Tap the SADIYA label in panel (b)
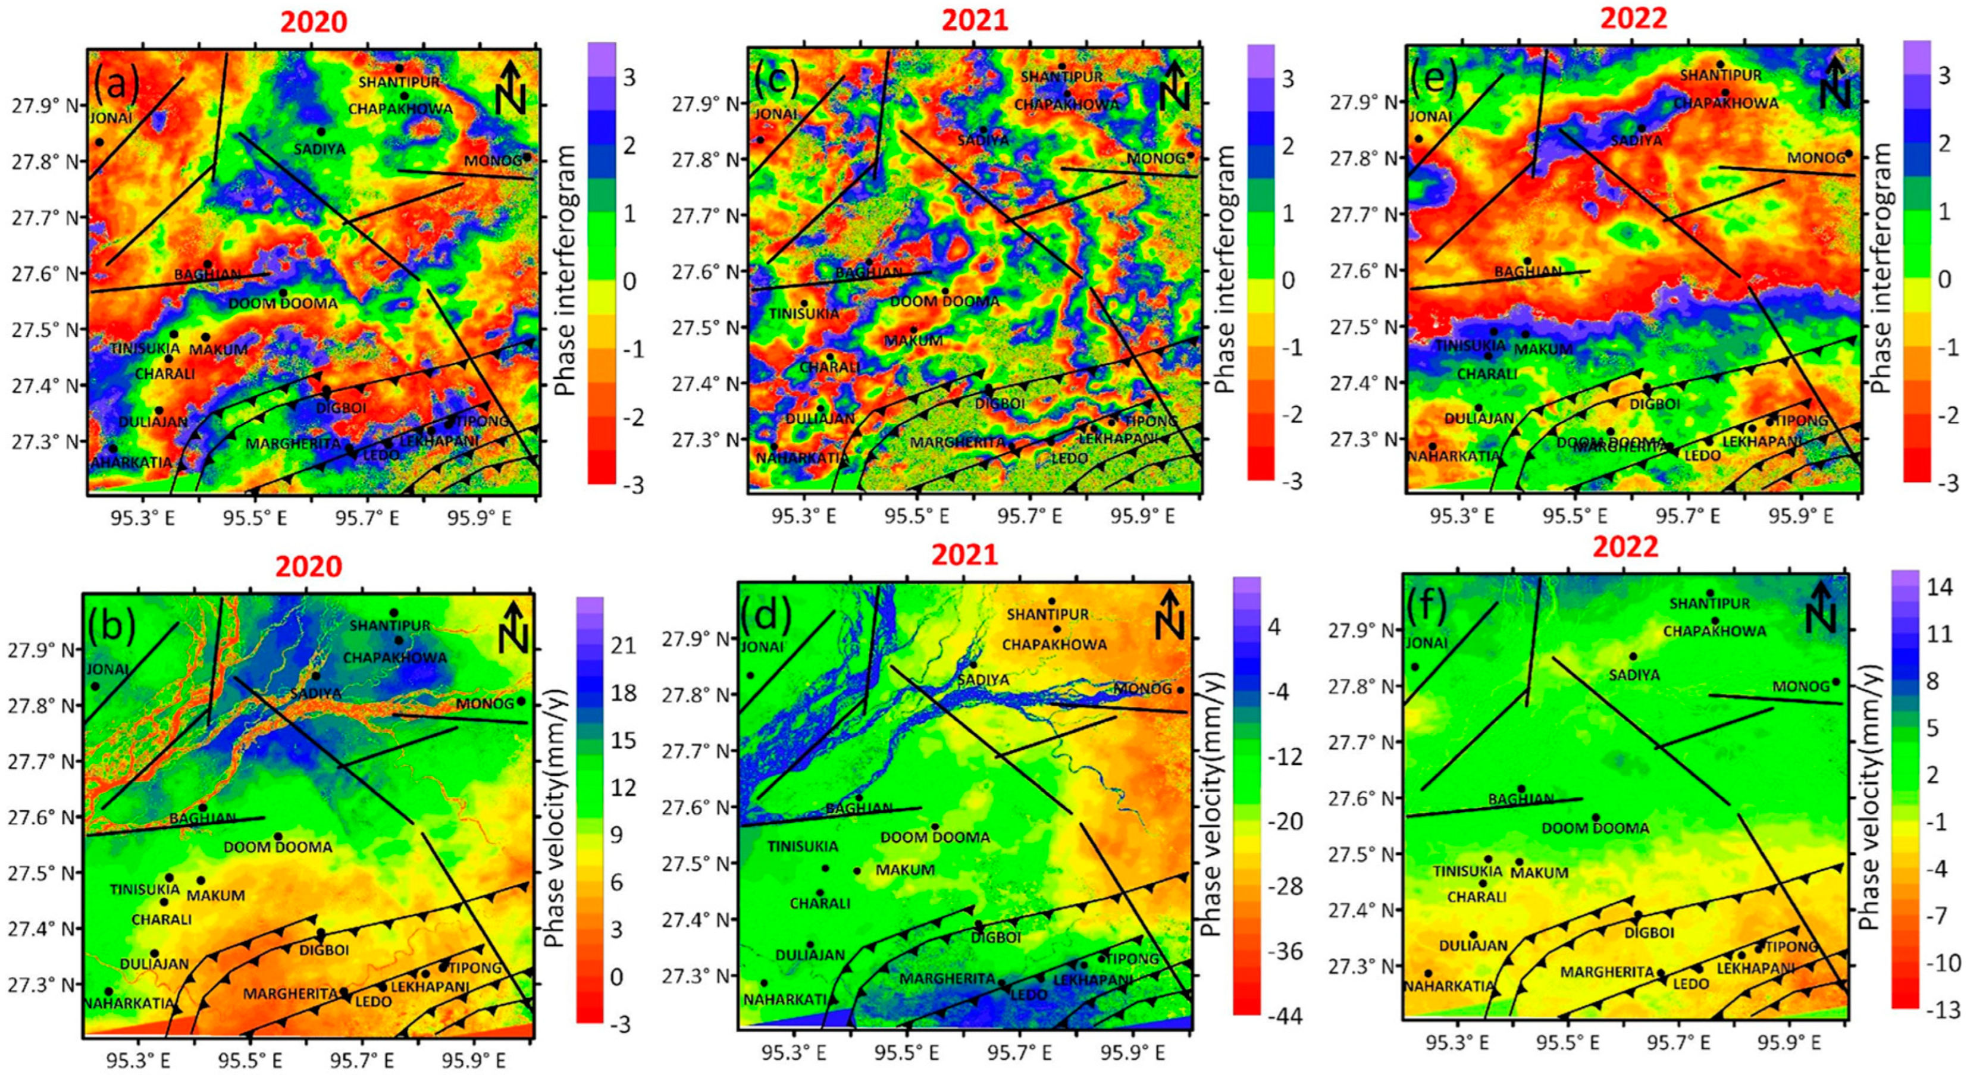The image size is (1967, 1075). pyautogui.click(x=316, y=693)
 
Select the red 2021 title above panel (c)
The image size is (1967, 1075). pyautogui.click(x=975, y=21)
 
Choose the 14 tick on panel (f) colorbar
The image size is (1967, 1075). pyautogui.click(x=1937, y=587)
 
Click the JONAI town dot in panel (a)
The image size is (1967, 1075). pyautogui.click(x=99, y=142)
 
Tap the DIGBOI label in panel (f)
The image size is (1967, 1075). pyautogui.click(x=1649, y=932)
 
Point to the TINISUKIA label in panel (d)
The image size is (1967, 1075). pyautogui.click(x=803, y=846)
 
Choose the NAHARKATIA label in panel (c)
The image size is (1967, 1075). pyautogui.click(x=803, y=458)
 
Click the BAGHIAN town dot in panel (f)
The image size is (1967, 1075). pyautogui.click(x=1521, y=789)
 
